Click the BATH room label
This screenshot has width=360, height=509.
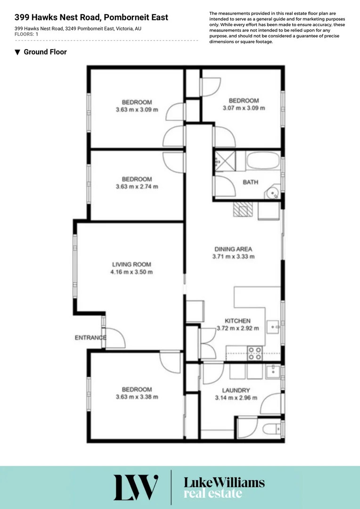point(250,182)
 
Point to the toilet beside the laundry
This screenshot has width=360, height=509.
point(271,429)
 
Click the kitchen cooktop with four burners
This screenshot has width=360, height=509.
point(255,353)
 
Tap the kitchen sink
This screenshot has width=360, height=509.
point(273,326)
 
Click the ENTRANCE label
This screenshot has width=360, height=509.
point(90,337)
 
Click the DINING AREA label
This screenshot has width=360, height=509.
point(233,249)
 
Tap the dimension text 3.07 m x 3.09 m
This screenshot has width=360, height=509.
point(244,108)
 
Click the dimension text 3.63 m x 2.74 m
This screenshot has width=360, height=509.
point(137,187)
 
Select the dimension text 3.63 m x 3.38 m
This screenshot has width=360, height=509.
point(137,397)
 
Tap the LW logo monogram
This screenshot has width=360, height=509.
point(135,487)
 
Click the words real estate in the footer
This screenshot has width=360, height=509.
point(213,494)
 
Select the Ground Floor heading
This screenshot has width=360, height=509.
point(45,52)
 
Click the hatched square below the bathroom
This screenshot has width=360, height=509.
point(243,209)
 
